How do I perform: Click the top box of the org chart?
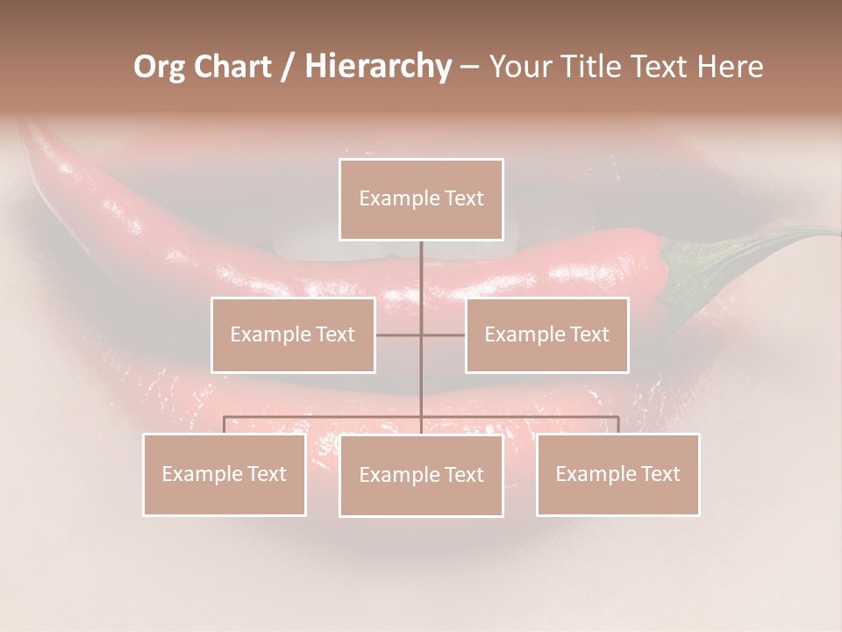(x=421, y=199)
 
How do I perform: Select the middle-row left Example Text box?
(x=293, y=334)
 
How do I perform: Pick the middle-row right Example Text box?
(x=546, y=334)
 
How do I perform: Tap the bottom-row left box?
(x=225, y=474)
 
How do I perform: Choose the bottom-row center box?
(x=421, y=475)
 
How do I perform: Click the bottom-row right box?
(x=617, y=474)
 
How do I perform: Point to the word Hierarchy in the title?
(x=377, y=67)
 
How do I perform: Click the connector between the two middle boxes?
(x=421, y=334)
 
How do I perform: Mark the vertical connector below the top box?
(x=421, y=268)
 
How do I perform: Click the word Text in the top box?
(x=463, y=198)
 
